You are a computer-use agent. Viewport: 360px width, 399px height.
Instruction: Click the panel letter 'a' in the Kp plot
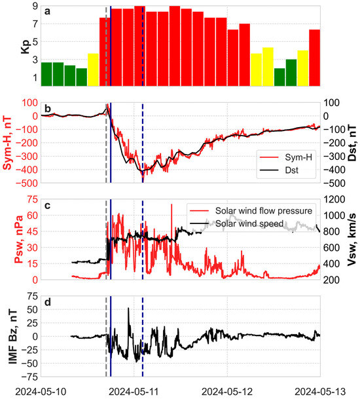pyautogui.click(x=47, y=12)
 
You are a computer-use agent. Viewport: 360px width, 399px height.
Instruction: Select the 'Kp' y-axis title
pyautogui.click(x=9, y=46)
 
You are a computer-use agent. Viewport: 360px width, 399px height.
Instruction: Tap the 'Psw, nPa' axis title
pyautogui.click(x=9, y=239)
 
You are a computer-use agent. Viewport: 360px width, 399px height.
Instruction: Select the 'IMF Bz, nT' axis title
pyautogui.click(x=9, y=336)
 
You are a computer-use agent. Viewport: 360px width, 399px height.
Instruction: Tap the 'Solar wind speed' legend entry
pyautogui.click(x=249, y=223)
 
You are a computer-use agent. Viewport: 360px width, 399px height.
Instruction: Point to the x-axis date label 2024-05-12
pyautogui.click(x=227, y=391)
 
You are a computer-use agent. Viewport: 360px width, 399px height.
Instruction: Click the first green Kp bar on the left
pyautogui.click(x=46, y=73)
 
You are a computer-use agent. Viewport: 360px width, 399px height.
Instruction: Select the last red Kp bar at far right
pyautogui.click(x=315, y=58)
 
